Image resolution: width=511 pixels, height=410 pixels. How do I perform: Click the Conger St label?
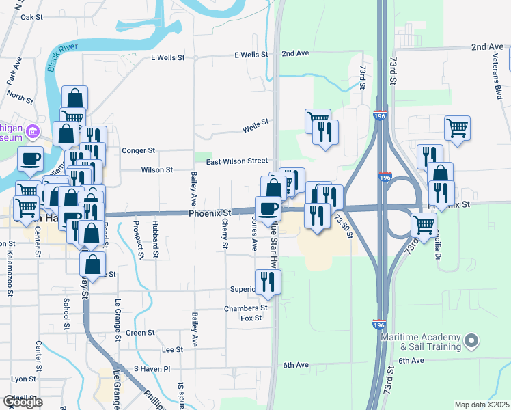coord(138,150)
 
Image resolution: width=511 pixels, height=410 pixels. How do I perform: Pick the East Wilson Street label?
coord(237,161)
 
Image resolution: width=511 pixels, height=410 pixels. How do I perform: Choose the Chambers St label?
coord(245,308)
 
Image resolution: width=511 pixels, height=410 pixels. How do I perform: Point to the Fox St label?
coord(252,318)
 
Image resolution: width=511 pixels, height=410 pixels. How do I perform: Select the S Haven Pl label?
coord(152,368)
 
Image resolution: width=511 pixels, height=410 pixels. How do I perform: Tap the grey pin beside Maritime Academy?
coord(470,340)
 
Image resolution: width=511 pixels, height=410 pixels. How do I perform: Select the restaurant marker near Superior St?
coord(268,281)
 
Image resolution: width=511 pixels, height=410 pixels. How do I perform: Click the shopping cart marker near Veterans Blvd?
coord(456,127)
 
